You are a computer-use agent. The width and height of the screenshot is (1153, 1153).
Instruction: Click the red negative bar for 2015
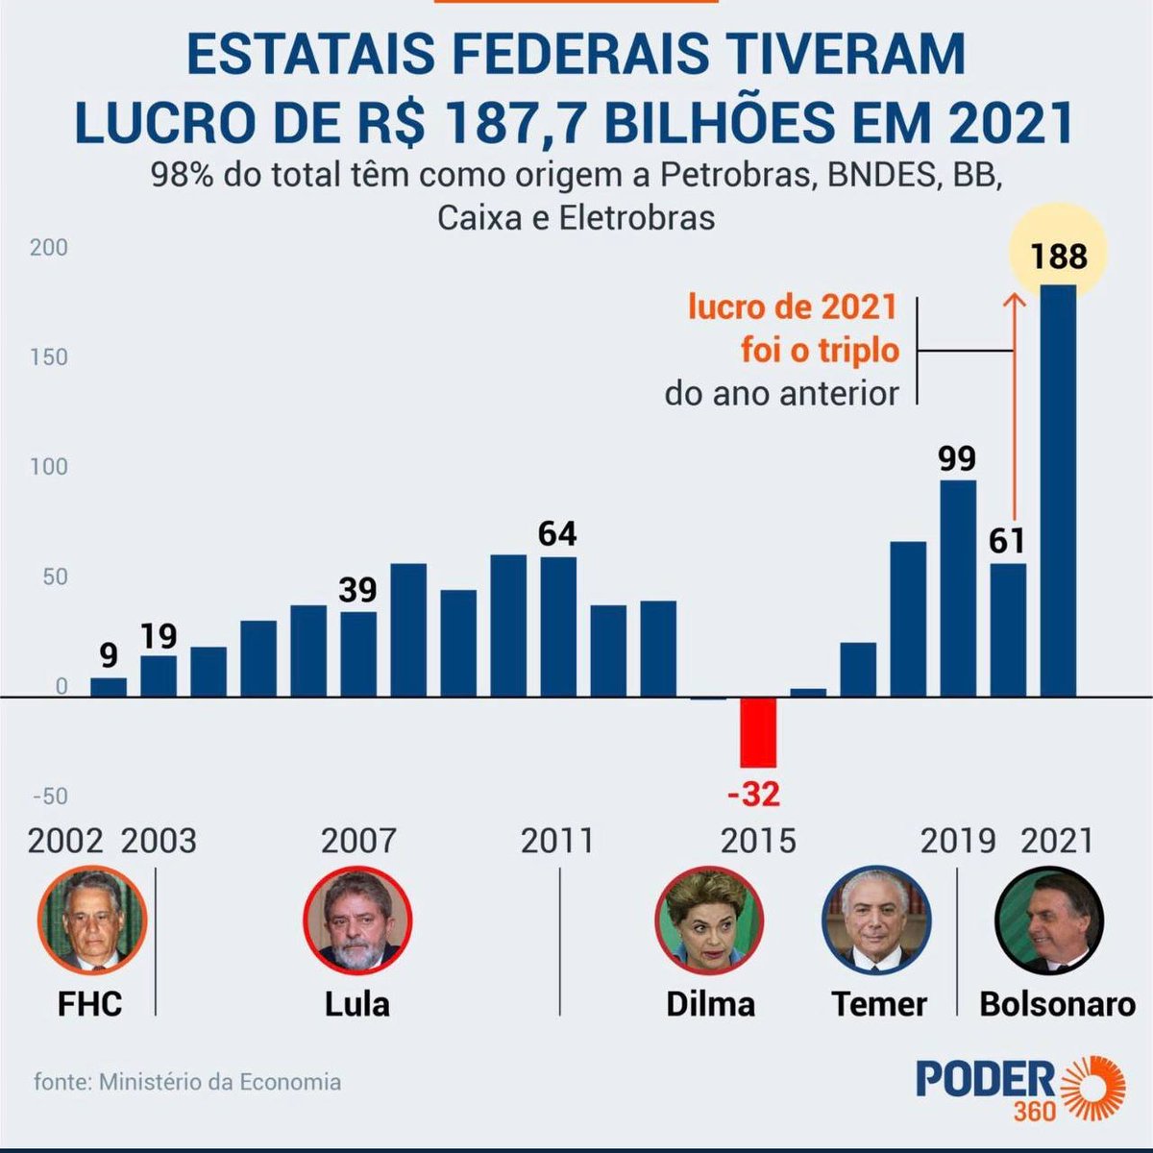point(758,732)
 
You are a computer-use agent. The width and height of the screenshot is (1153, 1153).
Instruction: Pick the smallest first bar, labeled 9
point(109,686)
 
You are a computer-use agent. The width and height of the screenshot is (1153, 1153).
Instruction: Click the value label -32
point(754,795)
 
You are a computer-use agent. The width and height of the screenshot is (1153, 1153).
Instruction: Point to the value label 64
point(557,533)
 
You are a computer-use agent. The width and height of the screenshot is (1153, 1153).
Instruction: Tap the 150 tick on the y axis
point(49,356)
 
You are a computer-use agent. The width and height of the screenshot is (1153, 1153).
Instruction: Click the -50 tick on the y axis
point(50,796)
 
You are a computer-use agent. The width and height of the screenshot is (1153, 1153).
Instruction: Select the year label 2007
point(358,841)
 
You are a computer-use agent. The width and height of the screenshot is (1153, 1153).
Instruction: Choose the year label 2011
point(557,841)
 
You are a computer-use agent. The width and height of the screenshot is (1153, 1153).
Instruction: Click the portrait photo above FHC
point(92,919)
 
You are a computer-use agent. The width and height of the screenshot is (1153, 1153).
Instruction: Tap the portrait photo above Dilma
point(709,919)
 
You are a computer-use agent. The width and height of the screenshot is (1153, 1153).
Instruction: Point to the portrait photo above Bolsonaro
point(1049,920)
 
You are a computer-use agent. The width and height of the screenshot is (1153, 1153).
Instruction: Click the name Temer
point(879,1004)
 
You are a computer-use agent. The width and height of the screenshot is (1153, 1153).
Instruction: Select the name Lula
point(357,1004)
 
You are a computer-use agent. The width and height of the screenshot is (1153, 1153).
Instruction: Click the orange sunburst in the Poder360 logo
point(1092,1087)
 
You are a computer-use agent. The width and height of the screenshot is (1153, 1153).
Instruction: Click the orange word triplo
point(846,350)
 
